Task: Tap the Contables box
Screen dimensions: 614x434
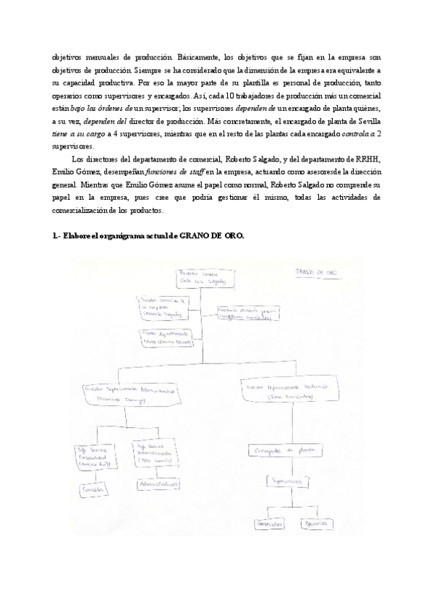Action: [x=93, y=489]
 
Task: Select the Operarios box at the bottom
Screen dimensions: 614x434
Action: [x=313, y=523]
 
